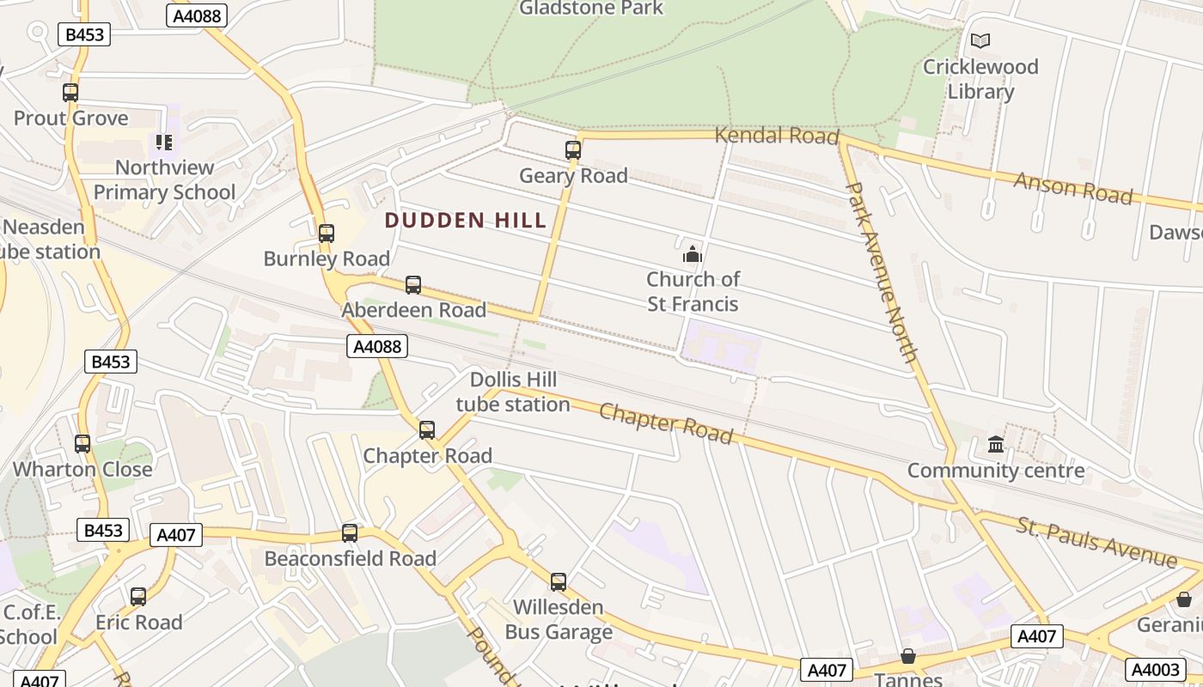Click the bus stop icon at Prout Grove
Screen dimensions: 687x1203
coord(70,93)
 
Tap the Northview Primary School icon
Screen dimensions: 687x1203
coord(163,143)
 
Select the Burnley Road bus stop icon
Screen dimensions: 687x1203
coord(326,234)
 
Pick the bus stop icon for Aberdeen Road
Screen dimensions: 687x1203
coord(413,285)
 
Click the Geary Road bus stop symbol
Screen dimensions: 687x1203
coord(573,150)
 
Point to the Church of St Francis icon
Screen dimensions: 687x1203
coord(693,254)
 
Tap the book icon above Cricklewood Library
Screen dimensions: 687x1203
coord(980,40)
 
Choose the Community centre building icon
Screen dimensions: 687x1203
coord(996,445)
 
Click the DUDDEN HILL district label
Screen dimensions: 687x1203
coord(466,221)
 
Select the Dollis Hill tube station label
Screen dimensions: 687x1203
coord(513,392)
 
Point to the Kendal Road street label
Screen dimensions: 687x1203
coord(776,136)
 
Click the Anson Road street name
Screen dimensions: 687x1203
coord(1072,188)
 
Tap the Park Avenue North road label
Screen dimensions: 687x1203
coord(882,271)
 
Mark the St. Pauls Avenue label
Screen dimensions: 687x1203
coord(1096,542)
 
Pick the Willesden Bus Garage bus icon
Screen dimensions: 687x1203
coord(559,582)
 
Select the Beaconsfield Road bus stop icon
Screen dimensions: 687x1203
coord(349,533)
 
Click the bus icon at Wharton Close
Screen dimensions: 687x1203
coord(82,444)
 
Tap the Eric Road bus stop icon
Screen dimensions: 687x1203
coord(138,597)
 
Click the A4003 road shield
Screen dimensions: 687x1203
coord(1156,669)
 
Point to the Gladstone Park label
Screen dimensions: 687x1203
coord(591,9)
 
